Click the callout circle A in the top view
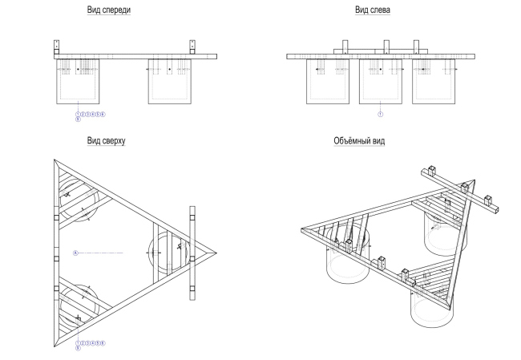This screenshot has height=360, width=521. (75, 253)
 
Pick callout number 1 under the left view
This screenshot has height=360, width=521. (381, 114)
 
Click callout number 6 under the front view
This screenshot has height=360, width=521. (103, 114)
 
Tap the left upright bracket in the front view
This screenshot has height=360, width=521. (57, 47)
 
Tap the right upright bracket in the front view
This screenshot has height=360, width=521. (192, 47)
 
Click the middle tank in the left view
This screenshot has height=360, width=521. (381, 83)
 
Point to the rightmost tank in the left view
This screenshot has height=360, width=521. (432, 83)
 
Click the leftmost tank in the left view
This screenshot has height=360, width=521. (328, 83)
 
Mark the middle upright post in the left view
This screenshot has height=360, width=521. (386, 47)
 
